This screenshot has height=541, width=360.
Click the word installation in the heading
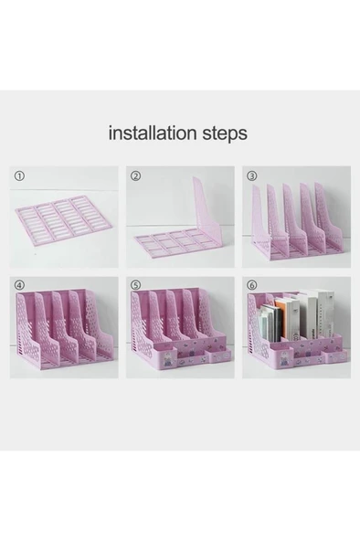tap(150, 133)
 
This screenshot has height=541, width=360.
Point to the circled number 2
tap(136, 175)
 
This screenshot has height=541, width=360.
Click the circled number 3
tap(251, 175)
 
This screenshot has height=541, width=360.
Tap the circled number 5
tap(136, 285)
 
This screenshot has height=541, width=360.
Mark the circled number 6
tap(251, 285)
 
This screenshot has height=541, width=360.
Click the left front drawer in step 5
tap(170, 360)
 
